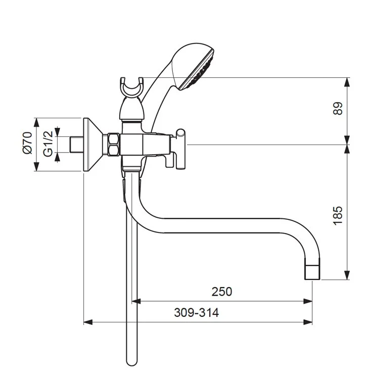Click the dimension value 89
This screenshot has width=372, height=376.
point(338,109)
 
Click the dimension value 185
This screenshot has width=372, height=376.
point(338,216)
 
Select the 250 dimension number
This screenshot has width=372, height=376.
point(222,292)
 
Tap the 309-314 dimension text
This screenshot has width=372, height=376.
point(197,313)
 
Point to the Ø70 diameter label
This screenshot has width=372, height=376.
point(27,143)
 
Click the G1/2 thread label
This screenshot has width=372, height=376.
point(48,144)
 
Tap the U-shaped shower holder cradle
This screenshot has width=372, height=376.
point(131,87)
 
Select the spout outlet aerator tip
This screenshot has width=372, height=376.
point(312,272)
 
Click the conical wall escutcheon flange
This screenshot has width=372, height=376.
point(92,145)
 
